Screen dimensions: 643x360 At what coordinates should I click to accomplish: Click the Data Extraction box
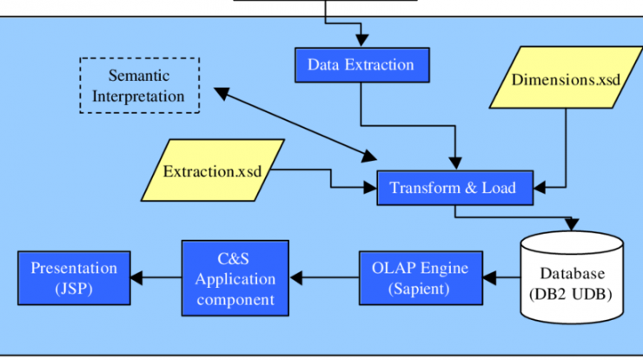click(362, 65)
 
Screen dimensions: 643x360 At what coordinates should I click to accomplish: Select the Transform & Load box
click(455, 188)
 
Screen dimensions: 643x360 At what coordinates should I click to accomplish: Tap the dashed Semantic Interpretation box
click(139, 85)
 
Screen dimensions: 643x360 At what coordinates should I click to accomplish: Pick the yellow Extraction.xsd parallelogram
click(212, 170)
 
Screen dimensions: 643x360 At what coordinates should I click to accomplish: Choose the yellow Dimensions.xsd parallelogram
click(566, 77)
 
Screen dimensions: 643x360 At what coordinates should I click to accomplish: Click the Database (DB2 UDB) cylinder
click(572, 277)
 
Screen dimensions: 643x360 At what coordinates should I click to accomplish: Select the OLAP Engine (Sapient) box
click(421, 278)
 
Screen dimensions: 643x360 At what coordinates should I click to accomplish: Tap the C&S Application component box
click(235, 278)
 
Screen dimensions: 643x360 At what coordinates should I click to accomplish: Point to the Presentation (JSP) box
click(74, 278)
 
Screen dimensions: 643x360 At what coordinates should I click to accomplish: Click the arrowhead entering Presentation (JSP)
click(136, 278)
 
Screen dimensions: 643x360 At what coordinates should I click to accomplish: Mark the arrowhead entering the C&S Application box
click(295, 278)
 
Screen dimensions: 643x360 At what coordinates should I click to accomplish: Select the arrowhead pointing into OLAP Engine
click(489, 278)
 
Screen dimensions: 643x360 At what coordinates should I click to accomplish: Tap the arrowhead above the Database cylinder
click(572, 224)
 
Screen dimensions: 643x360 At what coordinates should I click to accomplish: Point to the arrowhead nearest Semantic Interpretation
click(221, 93)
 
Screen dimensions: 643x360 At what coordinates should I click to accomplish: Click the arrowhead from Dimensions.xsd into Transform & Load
click(540, 188)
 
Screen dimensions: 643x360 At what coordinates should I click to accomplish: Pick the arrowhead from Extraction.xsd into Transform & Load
click(370, 188)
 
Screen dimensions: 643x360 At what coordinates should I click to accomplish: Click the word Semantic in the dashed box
click(139, 76)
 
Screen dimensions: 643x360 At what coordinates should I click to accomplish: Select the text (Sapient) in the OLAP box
click(419, 289)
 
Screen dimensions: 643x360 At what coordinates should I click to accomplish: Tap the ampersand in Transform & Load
click(471, 188)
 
